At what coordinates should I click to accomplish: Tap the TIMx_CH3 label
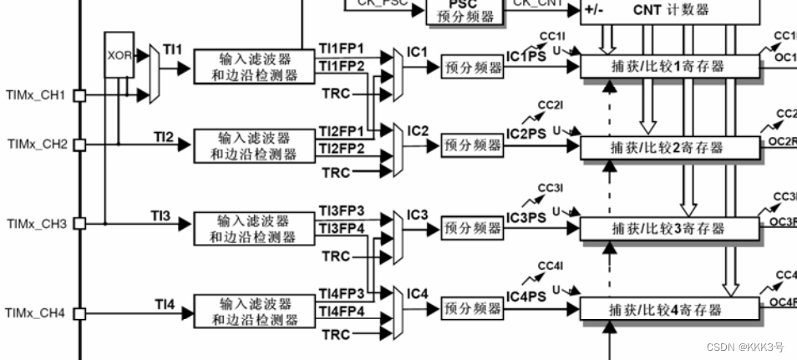click(36, 224)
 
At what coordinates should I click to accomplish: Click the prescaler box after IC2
click(473, 146)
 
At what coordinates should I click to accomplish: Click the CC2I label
click(551, 104)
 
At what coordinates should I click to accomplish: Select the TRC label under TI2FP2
click(336, 173)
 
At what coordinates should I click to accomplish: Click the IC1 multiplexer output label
click(418, 52)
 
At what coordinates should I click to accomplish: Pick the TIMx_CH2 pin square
click(79, 145)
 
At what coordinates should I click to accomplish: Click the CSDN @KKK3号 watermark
click(740, 347)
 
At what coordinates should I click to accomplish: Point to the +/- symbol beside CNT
click(594, 11)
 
